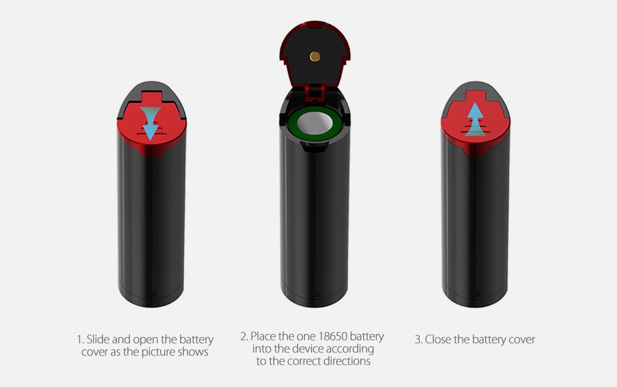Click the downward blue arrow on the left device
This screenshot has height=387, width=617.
coord(151,123)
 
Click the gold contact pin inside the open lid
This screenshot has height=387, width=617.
coord(315,56)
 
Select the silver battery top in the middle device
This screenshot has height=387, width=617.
coord(315,123)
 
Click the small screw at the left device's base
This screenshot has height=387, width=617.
coord(152,293)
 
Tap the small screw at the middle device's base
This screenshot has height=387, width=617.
coord(315,293)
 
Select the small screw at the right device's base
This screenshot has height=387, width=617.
coord(475,293)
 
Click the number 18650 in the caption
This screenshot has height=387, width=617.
coord(333,336)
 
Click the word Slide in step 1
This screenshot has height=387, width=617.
coord(97,339)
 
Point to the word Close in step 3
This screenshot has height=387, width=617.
coord(438,339)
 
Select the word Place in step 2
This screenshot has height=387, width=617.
coord(263,336)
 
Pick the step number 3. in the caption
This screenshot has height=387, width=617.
coord(419,339)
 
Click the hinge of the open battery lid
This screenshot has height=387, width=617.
coord(315,91)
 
